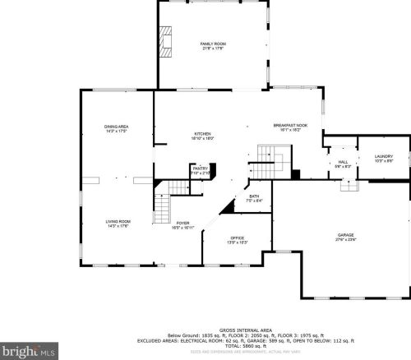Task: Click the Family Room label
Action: (213, 44)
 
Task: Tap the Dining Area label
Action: (117, 126)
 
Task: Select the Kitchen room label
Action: (203, 134)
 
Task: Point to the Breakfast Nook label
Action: (289, 125)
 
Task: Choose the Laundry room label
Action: (384, 156)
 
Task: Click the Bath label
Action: (254, 196)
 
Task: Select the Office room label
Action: (237, 238)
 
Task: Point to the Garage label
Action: (345, 235)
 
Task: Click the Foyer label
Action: (182, 223)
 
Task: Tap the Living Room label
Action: (118, 221)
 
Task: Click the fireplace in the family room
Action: (168, 43)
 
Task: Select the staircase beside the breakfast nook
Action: (272, 154)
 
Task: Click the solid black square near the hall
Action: (296, 173)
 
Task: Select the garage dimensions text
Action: (345, 240)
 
